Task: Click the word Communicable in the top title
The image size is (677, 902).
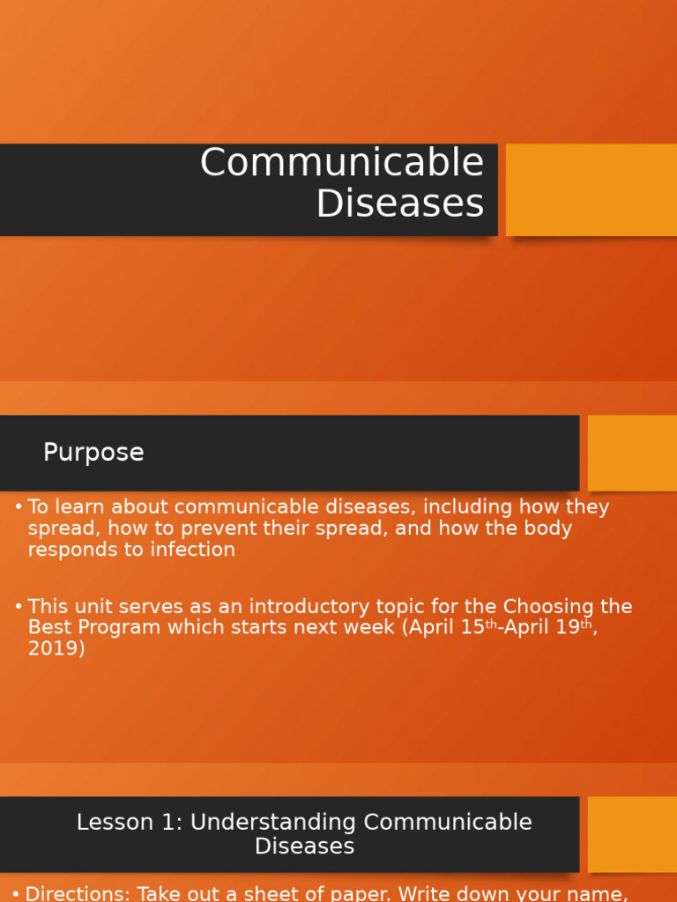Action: pos(342,163)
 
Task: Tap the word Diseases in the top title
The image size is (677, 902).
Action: pos(399,203)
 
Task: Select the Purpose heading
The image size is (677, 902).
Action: pos(93,453)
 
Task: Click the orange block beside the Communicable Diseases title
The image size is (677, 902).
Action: pos(591,189)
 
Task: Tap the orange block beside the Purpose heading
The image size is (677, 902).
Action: pos(632,453)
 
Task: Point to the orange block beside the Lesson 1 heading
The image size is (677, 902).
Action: pos(632,834)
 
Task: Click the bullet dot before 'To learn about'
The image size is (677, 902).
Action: pos(19,507)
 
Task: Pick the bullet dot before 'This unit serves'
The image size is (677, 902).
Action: pos(19,607)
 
